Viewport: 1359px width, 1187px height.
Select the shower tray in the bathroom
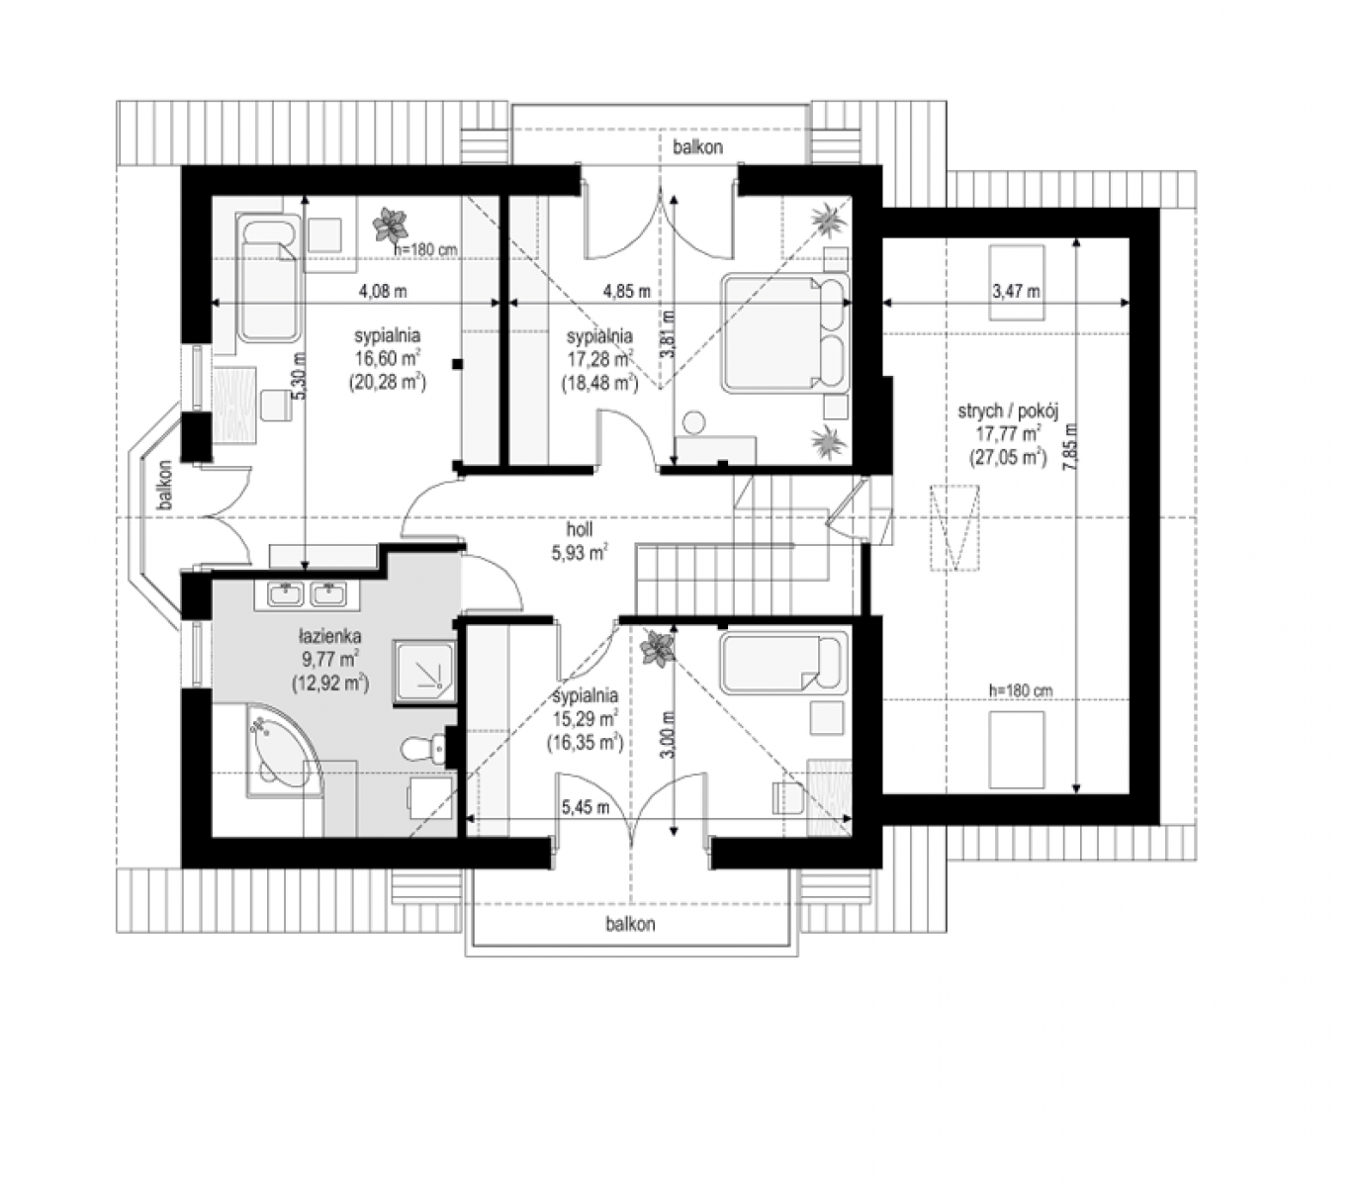423,672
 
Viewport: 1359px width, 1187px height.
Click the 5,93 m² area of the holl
580,553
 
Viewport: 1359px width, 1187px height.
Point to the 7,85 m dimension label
1069,447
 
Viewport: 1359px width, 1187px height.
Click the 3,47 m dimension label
1016,291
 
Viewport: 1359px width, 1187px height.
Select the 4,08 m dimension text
383,291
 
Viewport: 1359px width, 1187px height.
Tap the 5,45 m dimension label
586,808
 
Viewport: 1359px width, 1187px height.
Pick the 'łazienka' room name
329,636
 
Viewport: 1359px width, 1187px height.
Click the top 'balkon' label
697,147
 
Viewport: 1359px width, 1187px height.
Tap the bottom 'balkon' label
630,924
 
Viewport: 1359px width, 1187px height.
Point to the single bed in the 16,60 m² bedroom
268,279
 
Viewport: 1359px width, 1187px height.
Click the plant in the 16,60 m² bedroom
390,225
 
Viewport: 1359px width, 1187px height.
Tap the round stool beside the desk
694,422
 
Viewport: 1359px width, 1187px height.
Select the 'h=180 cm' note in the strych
1021,690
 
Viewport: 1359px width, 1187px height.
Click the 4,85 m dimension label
626,291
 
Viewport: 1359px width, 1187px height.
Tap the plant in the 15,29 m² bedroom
657,648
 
